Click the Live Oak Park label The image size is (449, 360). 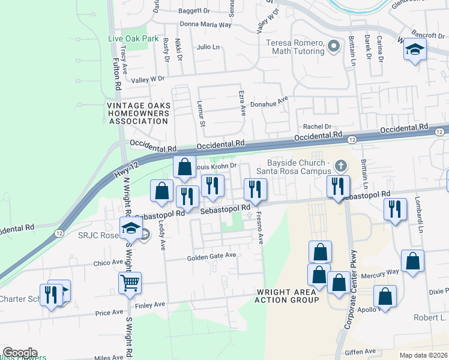coord(133,38)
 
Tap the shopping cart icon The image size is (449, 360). coord(130,281)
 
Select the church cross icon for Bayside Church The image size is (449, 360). coord(341,165)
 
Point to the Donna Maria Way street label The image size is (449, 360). coord(206,25)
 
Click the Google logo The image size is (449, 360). coord(20,353)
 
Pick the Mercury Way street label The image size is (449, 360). coord(380,272)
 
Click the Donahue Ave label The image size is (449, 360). coord(270,104)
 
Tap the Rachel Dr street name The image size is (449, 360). coord(317,127)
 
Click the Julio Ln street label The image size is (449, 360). coord(208,47)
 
